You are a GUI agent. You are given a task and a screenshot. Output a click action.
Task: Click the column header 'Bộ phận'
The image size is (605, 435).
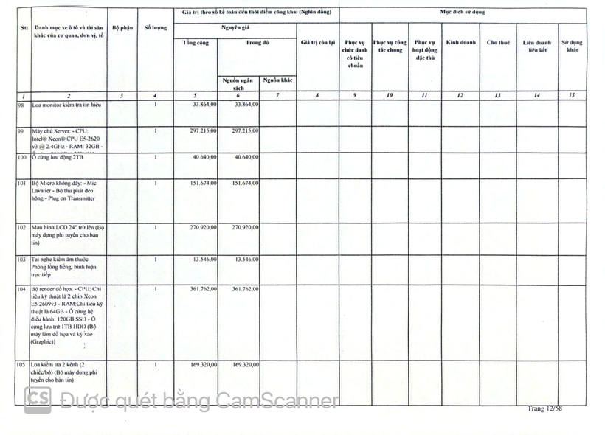(x=122, y=27)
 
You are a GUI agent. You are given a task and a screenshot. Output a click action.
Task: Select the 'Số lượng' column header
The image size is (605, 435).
(x=155, y=27)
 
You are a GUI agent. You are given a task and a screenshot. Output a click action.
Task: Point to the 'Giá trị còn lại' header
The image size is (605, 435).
(x=318, y=42)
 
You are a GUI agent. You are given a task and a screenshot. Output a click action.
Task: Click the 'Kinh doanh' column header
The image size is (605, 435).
(x=460, y=42)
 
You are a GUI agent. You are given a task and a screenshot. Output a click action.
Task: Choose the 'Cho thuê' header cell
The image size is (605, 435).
(x=498, y=42)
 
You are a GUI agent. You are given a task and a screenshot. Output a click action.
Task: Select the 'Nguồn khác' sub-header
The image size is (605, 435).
(x=277, y=80)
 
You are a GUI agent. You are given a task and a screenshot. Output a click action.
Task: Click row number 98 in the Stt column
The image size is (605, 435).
(x=21, y=105)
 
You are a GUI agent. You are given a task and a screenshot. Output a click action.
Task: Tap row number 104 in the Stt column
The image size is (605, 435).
(x=21, y=290)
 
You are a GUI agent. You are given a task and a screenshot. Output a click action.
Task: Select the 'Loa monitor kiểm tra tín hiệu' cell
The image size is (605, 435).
(x=66, y=105)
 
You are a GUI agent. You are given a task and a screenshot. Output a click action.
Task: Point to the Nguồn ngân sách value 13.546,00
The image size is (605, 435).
(x=243, y=259)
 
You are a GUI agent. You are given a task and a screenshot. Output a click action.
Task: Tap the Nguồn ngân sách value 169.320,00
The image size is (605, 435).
(x=243, y=364)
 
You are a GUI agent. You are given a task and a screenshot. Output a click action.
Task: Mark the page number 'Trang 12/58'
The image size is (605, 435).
(x=544, y=408)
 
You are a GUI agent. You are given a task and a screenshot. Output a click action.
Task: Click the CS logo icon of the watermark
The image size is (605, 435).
(x=38, y=400)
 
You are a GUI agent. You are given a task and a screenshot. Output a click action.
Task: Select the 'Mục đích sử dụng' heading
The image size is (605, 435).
(x=463, y=12)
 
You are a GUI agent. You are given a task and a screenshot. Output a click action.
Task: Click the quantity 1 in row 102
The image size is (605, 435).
(x=155, y=227)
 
